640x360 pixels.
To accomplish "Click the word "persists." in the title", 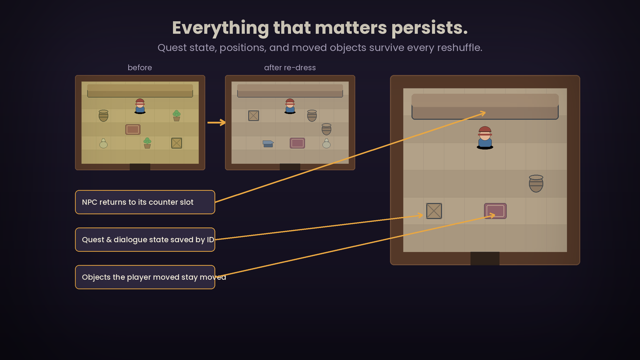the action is tap(429, 28).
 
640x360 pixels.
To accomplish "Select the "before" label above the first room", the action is tap(139, 67).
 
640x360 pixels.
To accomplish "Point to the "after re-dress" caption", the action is tap(289, 67).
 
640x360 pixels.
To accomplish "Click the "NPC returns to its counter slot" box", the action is tap(145, 202).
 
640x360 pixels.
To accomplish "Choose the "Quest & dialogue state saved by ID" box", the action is tap(145, 239).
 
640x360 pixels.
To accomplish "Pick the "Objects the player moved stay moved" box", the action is tap(145, 277).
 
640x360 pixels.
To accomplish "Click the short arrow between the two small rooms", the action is tap(216, 122).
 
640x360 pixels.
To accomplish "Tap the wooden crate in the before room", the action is tap(176, 143).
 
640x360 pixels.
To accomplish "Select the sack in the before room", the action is tap(103, 143).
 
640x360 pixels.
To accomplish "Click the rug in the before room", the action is tap(133, 129).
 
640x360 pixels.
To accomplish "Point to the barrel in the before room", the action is tap(103, 115).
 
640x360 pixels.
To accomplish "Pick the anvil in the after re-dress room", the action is tap(268, 143).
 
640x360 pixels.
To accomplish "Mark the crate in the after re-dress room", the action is tap(253, 115).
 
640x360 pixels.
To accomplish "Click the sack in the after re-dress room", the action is tap(326, 143).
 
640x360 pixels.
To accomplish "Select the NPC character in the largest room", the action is tap(485, 137).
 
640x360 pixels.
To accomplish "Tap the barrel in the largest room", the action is tap(536, 183).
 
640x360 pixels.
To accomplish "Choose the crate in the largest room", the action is tap(434, 211).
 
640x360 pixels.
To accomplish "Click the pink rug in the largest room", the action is tap(495, 211).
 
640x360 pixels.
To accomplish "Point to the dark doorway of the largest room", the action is tap(485, 258).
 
